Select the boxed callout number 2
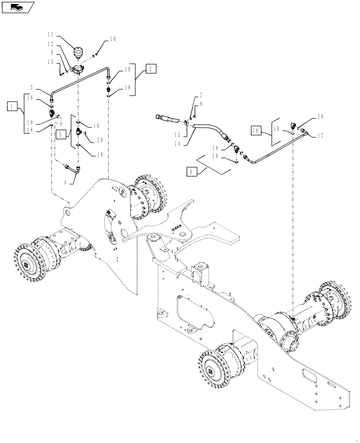[150, 69]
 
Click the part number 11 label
[51, 34]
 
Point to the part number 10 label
[113, 39]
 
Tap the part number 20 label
[100, 140]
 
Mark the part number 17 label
[320, 136]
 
